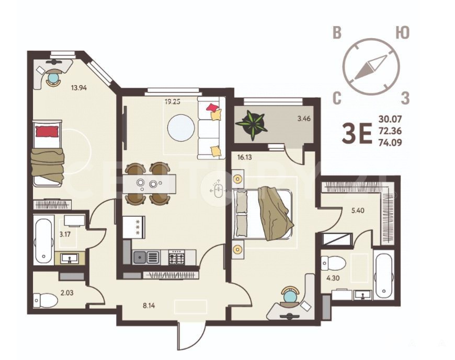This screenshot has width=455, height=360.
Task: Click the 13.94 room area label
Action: (79, 87)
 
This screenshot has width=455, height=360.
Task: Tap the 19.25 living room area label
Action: (173, 101)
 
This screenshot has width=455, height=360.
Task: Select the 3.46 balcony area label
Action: (304, 119)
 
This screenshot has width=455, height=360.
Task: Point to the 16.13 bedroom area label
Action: (244, 158)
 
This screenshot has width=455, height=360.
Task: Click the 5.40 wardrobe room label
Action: (358, 211)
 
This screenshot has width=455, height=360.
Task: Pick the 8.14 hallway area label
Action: (149, 305)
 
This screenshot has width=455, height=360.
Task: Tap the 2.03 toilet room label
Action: (67, 293)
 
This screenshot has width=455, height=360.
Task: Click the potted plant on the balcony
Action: (251, 125)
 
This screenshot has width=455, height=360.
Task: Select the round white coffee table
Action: (181, 128)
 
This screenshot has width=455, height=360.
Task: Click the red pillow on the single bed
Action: (47, 131)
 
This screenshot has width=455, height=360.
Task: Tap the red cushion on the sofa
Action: (212, 108)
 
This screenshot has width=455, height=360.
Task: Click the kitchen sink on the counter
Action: (146, 257)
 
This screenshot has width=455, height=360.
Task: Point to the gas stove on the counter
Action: (177, 257)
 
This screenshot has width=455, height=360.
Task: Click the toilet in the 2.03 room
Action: (45, 300)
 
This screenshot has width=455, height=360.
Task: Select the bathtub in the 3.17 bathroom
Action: (44, 239)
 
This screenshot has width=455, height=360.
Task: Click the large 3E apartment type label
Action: (357, 134)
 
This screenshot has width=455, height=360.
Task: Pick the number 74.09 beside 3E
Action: (390, 143)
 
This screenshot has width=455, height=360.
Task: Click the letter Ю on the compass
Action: (403, 33)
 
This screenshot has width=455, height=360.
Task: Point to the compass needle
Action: (371, 67)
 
